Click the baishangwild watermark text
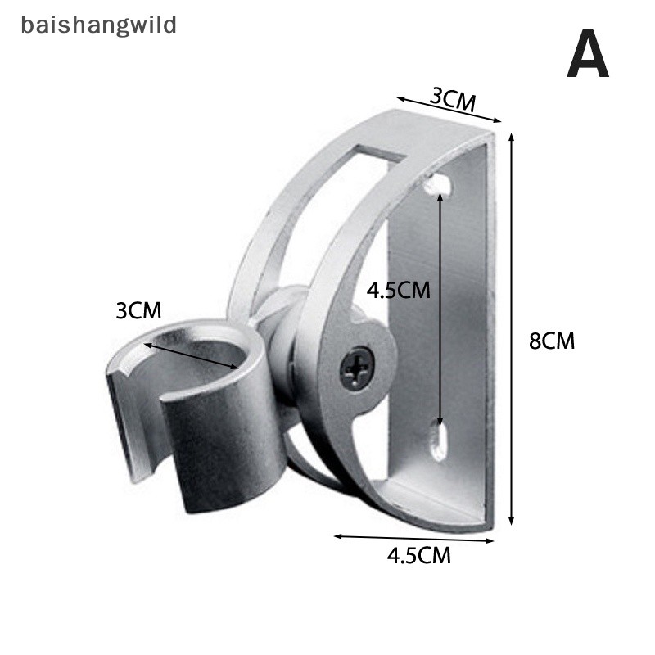click(x=98, y=25)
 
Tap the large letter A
click(x=587, y=53)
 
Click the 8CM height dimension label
click(x=551, y=341)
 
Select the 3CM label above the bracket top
click(x=453, y=99)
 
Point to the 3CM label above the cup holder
click(x=138, y=311)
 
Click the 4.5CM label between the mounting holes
click(x=398, y=290)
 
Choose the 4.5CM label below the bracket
click(x=418, y=556)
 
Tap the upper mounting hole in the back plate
click(x=440, y=184)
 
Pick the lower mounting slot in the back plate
click(x=439, y=441)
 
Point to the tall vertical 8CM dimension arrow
click(x=511, y=329)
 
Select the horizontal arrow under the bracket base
click(x=414, y=539)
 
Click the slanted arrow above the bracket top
click(x=449, y=110)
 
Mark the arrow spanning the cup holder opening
click(x=192, y=356)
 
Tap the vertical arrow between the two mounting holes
click(x=440, y=309)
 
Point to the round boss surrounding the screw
click(x=363, y=368)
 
